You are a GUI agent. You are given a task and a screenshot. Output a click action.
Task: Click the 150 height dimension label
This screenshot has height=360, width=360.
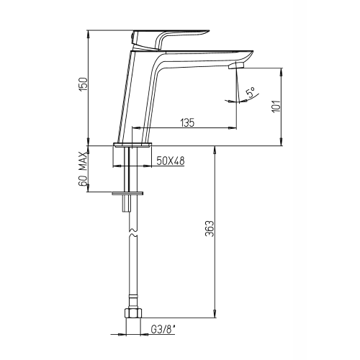click(84, 84)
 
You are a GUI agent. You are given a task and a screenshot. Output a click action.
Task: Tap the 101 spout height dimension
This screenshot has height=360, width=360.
click(276, 106)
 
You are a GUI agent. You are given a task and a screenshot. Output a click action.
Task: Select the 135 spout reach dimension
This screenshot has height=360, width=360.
click(187, 122)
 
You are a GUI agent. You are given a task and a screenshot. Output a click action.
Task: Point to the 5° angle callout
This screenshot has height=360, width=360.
click(251, 92)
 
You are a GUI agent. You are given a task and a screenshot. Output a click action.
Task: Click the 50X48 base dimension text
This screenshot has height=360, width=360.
click(171, 161)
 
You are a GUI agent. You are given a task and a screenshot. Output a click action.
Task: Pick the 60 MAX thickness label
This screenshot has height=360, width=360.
click(83, 168)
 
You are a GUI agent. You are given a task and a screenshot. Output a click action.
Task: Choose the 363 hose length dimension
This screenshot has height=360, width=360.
click(210, 228)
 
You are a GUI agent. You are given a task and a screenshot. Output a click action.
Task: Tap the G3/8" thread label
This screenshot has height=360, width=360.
click(163, 330)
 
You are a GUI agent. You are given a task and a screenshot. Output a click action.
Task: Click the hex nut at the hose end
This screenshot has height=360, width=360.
click(133, 313)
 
